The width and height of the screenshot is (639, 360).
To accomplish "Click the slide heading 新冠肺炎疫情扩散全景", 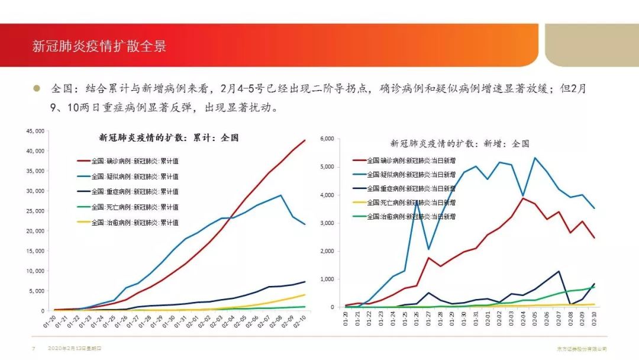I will (99, 46).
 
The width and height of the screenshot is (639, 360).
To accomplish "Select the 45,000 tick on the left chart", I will (36, 131).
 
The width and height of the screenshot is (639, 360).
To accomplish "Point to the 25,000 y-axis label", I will (36, 211).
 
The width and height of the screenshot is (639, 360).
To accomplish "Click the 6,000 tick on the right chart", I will (327, 139).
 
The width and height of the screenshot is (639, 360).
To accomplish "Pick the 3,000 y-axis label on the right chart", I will (327, 223).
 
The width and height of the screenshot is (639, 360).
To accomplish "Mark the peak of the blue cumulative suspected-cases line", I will (280, 195).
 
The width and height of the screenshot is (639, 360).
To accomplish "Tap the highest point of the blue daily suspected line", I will (535, 157).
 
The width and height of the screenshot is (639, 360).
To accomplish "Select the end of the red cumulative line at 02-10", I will (305, 140).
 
